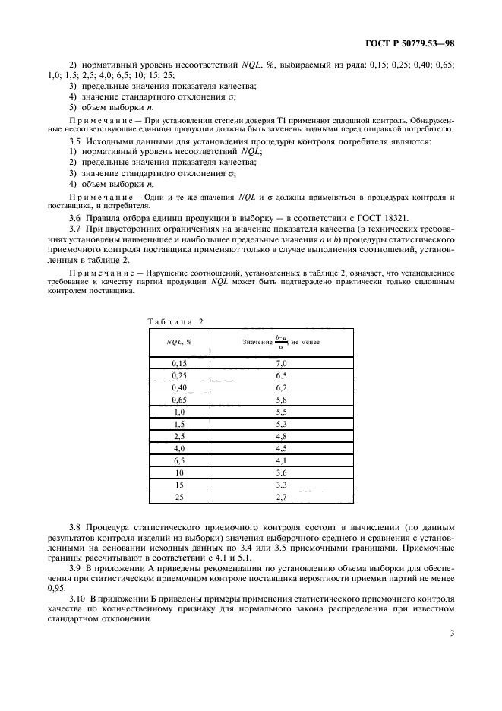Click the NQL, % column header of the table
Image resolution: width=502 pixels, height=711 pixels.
click(x=179, y=343)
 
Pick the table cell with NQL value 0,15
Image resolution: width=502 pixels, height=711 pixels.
click(x=179, y=363)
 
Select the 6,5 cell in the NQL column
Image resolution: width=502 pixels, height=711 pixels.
click(x=179, y=460)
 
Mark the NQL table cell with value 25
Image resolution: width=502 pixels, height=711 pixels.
click(x=179, y=497)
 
